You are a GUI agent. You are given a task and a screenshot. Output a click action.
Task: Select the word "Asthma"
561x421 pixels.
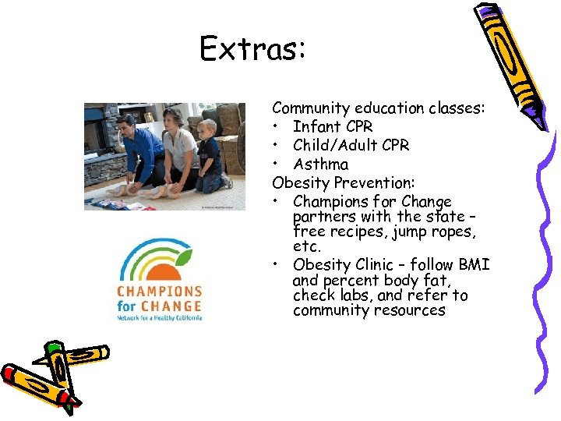[320, 164]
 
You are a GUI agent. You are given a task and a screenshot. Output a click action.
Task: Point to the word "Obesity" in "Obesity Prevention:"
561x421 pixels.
[300, 182]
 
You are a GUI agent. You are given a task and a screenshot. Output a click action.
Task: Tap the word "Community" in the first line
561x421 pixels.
[310, 108]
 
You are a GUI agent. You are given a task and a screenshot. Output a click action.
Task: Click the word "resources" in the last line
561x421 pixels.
[408, 310]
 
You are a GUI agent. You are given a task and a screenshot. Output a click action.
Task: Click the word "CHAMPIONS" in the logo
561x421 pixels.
[160, 290]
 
